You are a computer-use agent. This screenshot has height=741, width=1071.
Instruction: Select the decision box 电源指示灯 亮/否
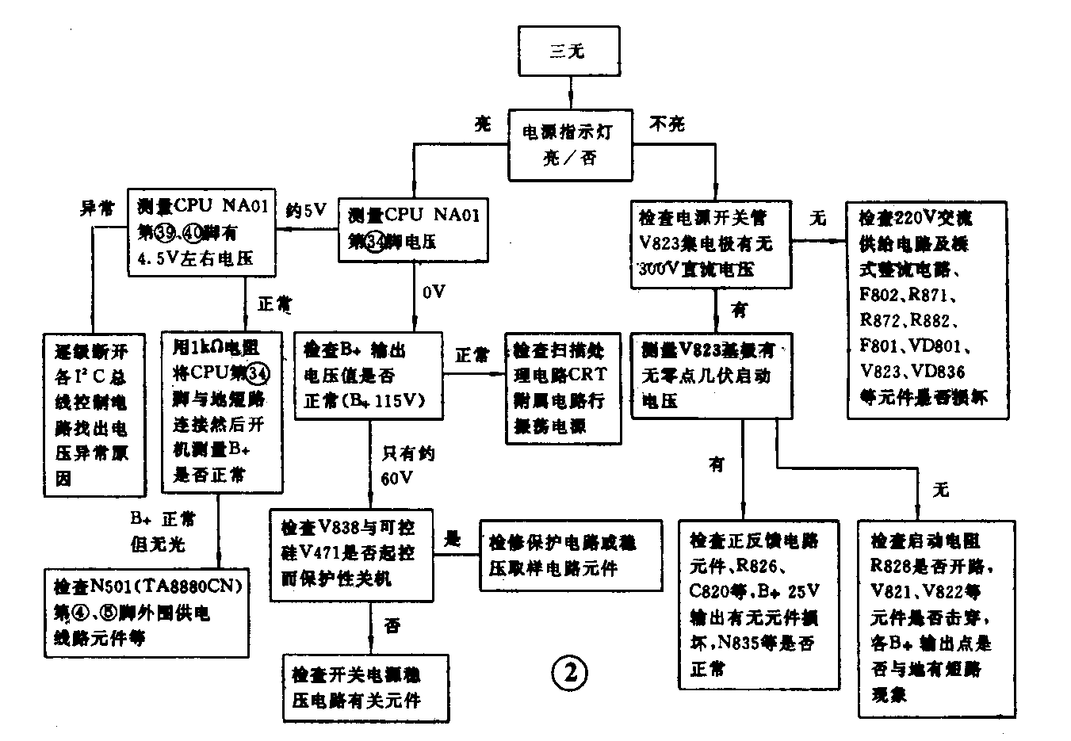click(570, 144)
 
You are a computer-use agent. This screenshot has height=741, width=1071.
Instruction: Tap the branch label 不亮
click(667, 124)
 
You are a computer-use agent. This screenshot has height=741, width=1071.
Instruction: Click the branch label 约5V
click(306, 210)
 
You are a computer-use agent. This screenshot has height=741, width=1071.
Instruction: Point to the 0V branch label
click(434, 292)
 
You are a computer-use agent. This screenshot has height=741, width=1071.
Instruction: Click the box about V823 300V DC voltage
click(711, 243)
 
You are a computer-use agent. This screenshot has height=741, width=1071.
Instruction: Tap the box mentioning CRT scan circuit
click(564, 388)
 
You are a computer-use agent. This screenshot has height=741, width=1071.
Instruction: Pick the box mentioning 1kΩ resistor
click(221, 412)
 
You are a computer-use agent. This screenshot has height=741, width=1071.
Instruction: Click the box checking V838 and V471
click(351, 553)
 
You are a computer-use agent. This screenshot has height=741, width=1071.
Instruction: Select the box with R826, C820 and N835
click(759, 605)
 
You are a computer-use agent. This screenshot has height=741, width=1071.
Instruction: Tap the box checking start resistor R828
click(936, 618)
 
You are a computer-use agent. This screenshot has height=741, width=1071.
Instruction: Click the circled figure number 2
click(569, 673)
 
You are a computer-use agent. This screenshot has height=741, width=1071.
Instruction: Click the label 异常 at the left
click(97, 208)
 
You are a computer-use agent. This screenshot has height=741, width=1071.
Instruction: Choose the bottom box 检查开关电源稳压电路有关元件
click(365, 687)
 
